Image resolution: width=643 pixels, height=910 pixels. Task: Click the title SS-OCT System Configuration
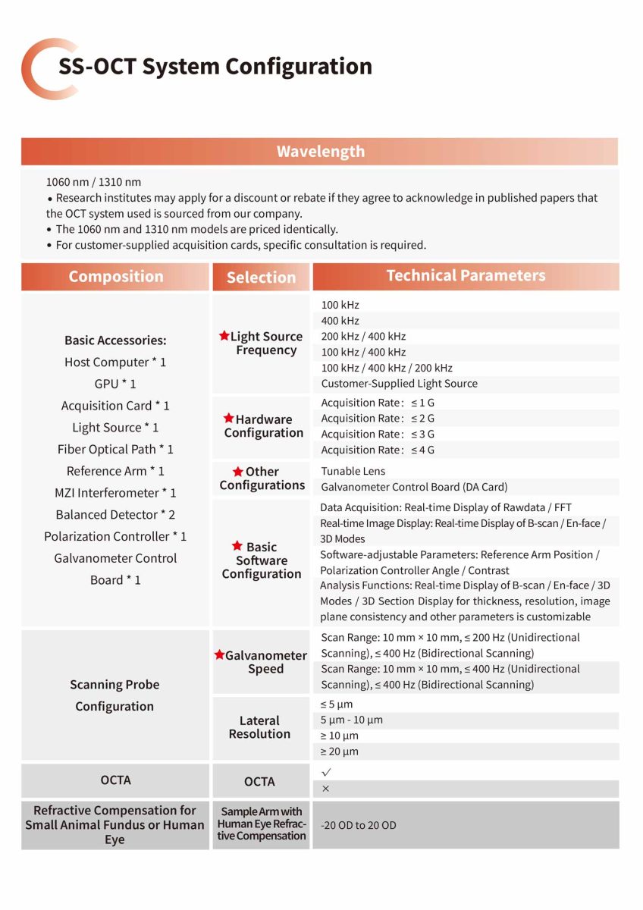215,67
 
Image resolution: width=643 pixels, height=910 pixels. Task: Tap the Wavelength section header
320,152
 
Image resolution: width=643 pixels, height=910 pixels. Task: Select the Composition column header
116,277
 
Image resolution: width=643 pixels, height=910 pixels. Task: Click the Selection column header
261,278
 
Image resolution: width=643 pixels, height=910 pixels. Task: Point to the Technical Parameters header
466,276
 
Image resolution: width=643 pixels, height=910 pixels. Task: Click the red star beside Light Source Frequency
224,336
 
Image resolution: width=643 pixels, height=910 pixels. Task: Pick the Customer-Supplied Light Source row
399,384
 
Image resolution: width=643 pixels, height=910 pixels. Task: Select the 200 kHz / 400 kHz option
363,337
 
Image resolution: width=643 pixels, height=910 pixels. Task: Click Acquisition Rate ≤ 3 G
378,435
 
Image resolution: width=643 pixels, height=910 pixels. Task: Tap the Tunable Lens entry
353,471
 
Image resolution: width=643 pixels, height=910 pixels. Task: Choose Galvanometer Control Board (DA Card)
414,487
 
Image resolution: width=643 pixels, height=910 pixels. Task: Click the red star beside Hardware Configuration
229,419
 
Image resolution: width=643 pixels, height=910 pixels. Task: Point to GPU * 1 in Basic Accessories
115,384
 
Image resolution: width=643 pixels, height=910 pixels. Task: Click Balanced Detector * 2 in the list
115,515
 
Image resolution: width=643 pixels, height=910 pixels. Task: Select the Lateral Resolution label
259,727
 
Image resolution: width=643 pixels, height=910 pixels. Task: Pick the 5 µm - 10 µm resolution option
351,720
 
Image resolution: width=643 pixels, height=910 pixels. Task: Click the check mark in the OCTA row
327,772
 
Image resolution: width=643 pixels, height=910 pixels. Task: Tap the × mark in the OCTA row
326,789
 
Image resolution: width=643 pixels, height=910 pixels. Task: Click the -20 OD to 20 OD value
358,825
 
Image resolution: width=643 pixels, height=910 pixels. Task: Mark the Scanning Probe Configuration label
114,695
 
